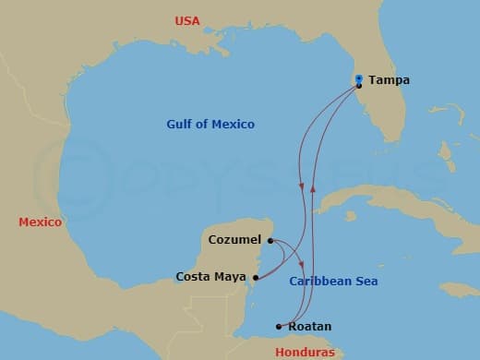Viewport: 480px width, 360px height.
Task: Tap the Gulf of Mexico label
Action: pyautogui.click(x=210, y=125)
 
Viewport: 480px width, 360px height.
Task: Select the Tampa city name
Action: pyautogui.click(x=389, y=80)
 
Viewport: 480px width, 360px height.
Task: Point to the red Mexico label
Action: pyautogui.click(x=40, y=222)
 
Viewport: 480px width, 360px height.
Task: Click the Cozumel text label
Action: pyautogui.click(x=229, y=241)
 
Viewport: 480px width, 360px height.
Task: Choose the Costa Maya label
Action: pyautogui.click(x=210, y=276)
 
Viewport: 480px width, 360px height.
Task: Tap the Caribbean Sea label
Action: pyautogui.click(x=333, y=282)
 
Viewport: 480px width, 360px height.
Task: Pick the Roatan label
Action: pyautogui.click(x=310, y=327)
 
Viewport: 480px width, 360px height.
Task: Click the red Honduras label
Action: pyautogui.click(x=306, y=352)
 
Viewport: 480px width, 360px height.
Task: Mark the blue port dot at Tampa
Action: pyautogui.click(x=358, y=78)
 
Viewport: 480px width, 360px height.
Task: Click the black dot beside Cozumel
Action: pyautogui.click(x=270, y=241)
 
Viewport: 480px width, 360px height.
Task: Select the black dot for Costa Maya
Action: pyautogui.click(x=256, y=276)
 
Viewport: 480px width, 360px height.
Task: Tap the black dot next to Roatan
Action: pyautogui.click(x=279, y=326)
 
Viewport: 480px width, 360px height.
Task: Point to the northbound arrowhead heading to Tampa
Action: pyautogui.click(x=313, y=188)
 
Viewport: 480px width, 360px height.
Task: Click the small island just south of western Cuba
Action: pyautogui.click(x=351, y=217)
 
